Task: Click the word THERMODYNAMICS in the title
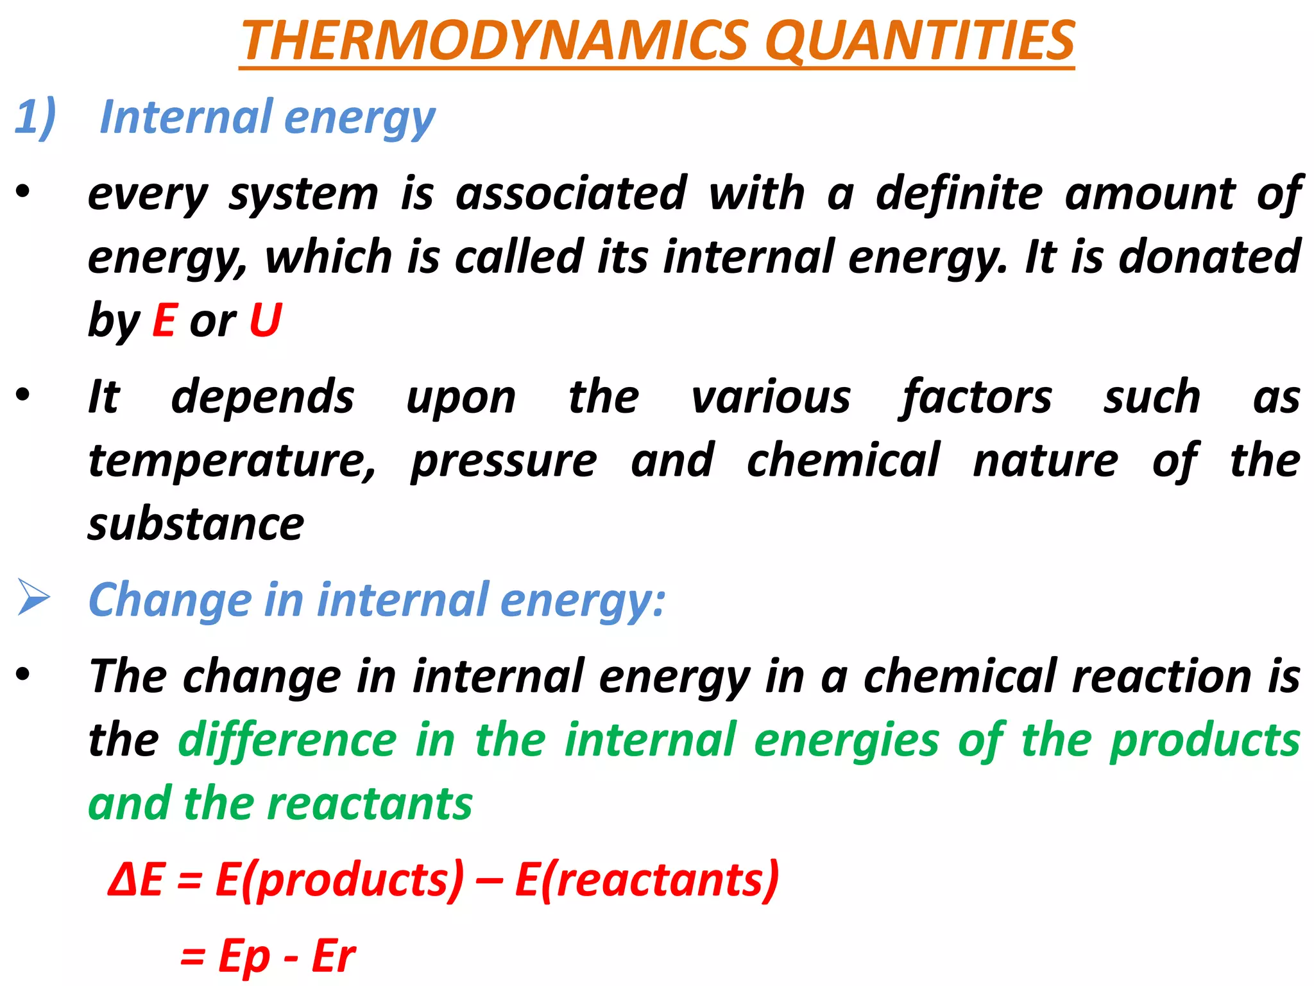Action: pyautogui.click(x=494, y=40)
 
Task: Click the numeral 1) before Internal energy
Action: pyautogui.click(x=35, y=117)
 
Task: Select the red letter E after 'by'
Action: pyautogui.click(x=164, y=320)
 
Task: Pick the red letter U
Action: pyautogui.click(x=265, y=320)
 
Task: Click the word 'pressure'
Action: pyautogui.click(x=504, y=461)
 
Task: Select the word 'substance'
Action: pyautogui.click(x=196, y=524)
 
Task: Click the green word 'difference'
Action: pyautogui.click(x=287, y=740)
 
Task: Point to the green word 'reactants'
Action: pyautogui.click(x=370, y=804)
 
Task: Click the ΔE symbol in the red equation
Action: pyautogui.click(x=136, y=879)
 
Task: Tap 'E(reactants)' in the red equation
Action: pyautogui.click(x=647, y=879)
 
